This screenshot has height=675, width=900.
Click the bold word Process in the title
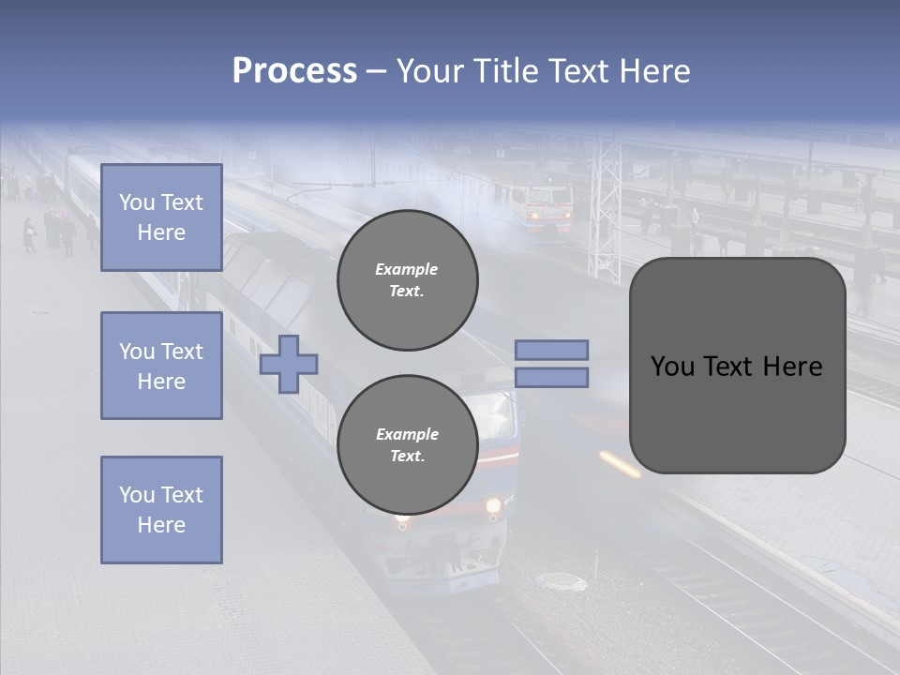click(294, 71)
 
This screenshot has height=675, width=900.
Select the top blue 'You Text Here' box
click(161, 217)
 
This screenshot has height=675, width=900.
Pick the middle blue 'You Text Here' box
click(161, 366)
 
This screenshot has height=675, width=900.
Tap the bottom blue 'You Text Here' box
click(161, 510)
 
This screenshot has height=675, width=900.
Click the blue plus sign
click(289, 364)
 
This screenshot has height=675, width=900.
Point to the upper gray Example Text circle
click(407, 280)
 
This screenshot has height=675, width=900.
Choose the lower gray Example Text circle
click(407, 445)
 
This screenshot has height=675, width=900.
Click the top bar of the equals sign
click(551, 350)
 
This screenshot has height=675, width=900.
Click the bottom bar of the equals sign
click(551, 377)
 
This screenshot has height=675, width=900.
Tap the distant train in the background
click(547, 208)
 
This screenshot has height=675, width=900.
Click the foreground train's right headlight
click(493, 507)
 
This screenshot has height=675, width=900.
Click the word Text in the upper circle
click(407, 291)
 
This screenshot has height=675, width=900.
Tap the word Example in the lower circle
click(407, 434)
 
